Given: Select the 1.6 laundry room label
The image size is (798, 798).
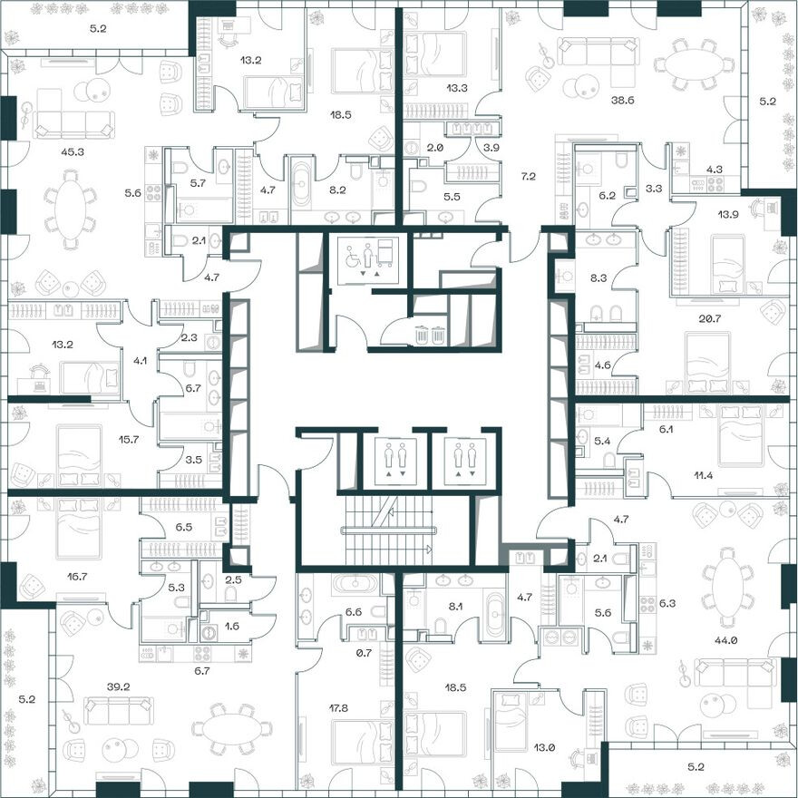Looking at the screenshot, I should click(x=233, y=626).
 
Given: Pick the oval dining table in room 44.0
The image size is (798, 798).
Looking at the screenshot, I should click(x=728, y=587).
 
